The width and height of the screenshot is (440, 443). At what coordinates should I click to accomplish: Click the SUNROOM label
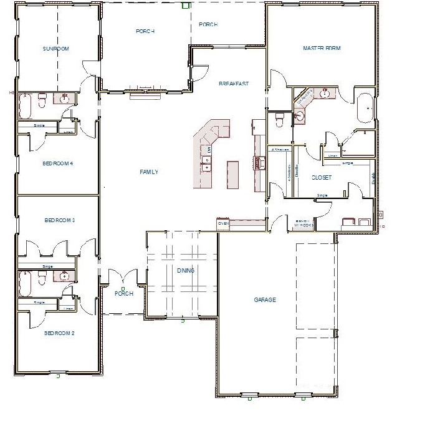point(55,49)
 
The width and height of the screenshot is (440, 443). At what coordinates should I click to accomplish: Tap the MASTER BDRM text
point(322,48)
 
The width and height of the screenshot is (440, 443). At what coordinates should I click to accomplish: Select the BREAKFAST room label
point(234,84)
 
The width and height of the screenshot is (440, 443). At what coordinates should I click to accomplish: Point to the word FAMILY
point(149,172)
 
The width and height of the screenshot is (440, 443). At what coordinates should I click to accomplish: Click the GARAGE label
point(265,299)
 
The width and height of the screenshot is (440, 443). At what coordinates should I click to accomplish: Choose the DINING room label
point(186,271)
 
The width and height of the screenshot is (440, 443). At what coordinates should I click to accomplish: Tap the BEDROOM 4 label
point(58,163)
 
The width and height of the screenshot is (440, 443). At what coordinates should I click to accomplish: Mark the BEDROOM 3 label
point(60,220)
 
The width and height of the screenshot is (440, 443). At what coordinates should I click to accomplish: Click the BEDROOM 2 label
point(59,333)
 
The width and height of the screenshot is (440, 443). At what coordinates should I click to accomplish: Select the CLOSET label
point(322,178)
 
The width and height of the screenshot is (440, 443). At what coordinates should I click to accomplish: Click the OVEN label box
point(224,223)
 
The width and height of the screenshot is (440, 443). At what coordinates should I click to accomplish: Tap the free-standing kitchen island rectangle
point(233,174)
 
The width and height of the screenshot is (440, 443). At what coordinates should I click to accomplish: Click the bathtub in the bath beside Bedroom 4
point(26,106)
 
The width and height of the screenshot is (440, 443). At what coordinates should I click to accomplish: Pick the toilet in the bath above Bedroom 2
point(41,280)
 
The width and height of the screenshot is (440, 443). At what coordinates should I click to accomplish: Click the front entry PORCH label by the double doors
point(124,294)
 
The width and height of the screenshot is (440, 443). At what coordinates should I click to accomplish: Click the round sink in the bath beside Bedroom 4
point(65,97)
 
